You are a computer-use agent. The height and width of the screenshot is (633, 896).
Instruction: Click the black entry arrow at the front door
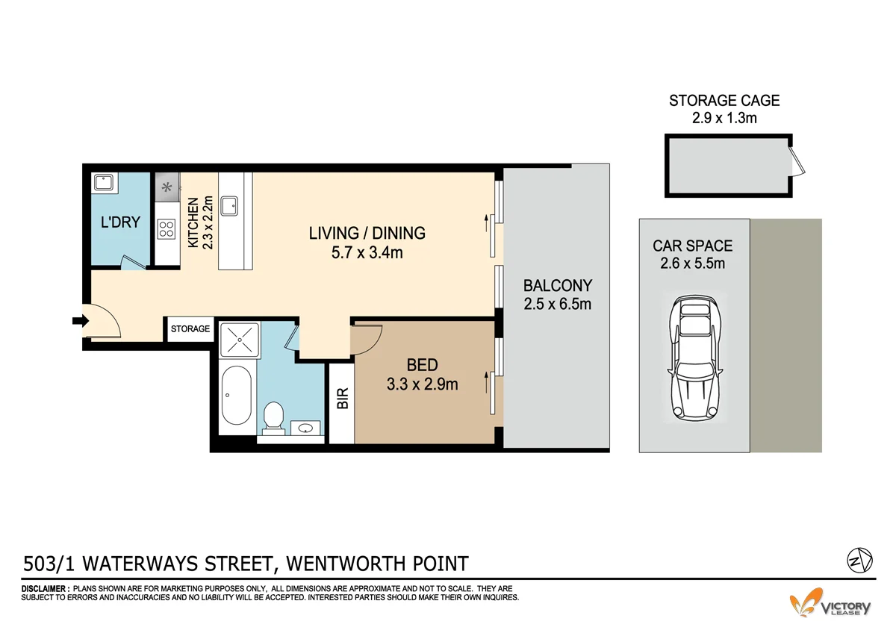79,322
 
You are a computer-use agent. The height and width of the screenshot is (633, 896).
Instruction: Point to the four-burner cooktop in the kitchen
166,228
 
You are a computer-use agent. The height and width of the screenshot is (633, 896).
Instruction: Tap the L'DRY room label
121,222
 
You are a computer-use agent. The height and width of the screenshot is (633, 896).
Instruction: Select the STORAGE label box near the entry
190,329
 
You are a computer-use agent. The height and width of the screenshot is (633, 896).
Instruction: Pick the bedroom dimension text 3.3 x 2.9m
422,385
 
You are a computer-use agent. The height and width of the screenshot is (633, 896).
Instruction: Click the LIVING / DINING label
367,233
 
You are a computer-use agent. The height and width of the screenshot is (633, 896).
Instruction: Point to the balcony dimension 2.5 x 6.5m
557,304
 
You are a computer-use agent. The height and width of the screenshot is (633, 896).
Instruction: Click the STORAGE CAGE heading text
724,100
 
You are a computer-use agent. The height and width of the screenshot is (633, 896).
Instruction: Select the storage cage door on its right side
797,161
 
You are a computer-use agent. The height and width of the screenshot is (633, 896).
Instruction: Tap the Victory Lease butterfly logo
808,602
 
